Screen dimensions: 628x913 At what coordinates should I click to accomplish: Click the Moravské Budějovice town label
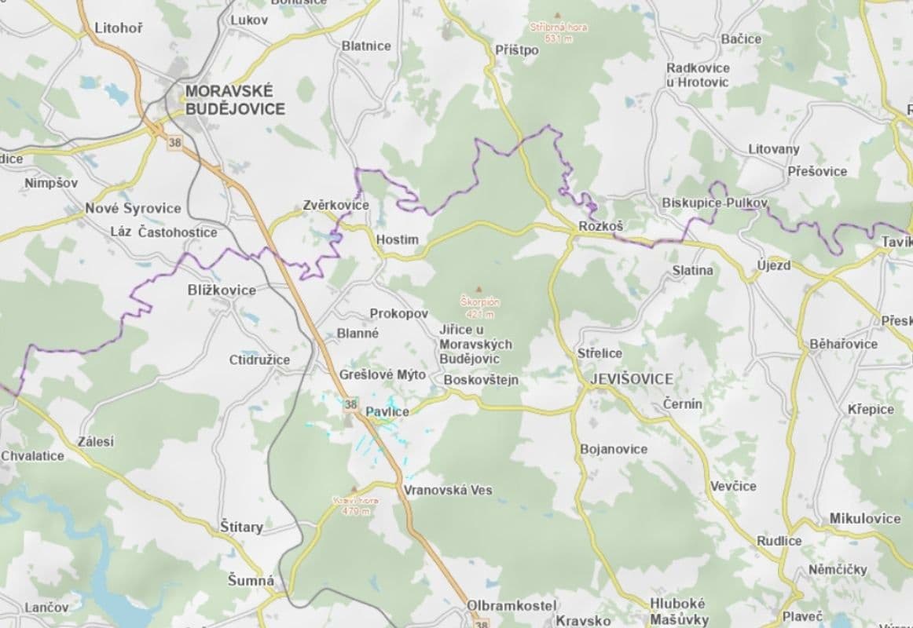point(235,100)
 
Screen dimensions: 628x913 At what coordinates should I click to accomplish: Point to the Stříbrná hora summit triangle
point(558,16)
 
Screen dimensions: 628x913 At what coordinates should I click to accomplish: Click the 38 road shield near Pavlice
point(350,405)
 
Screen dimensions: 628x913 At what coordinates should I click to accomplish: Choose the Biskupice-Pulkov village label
point(714,203)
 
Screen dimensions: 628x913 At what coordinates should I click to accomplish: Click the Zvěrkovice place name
point(335,206)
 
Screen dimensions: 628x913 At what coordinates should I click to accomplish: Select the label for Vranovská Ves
point(448,490)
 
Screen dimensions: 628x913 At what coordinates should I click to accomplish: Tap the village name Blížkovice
point(222,290)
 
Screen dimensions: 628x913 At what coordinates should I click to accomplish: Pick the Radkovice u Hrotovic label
point(697,75)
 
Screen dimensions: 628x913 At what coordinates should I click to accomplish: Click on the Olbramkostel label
point(511,606)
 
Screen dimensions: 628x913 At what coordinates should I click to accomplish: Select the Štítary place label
point(241,527)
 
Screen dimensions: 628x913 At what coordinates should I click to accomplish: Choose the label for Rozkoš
point(600,226)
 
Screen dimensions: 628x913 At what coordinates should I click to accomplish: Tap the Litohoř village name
point(118,28)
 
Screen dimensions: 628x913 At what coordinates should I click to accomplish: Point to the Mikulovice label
point(865,519)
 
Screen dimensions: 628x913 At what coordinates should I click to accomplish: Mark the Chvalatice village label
point(33,455)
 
